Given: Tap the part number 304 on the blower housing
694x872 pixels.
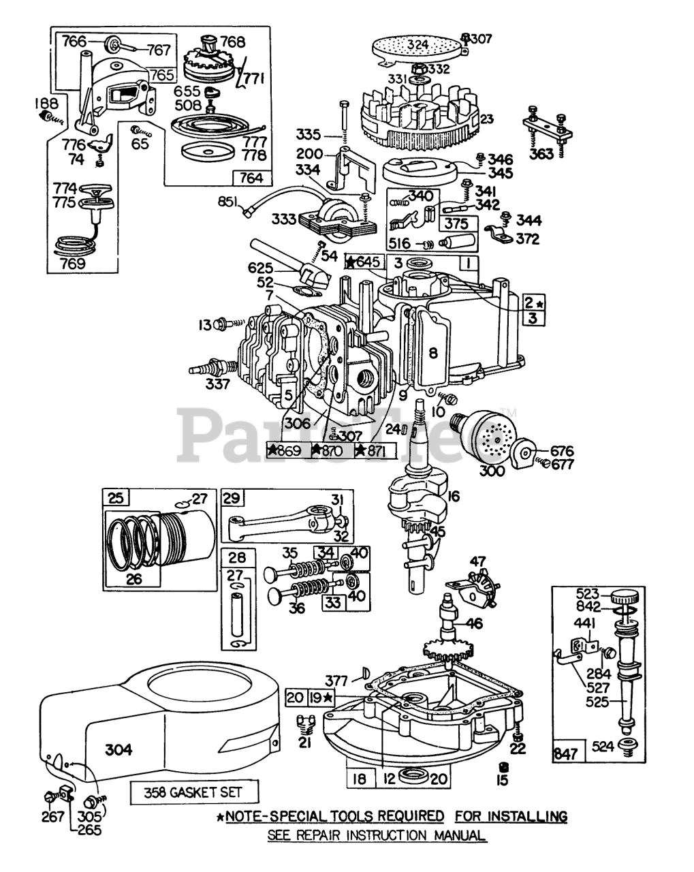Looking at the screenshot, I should pos(119,749).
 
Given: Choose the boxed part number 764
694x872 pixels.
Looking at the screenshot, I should pos(252,178).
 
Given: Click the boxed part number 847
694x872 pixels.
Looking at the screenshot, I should pos(566,753).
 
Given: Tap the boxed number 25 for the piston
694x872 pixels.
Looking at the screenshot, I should pos(116,498).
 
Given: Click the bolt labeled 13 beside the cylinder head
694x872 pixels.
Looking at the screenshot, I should pos(223,324).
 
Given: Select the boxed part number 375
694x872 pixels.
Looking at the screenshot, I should pos(457,224).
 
